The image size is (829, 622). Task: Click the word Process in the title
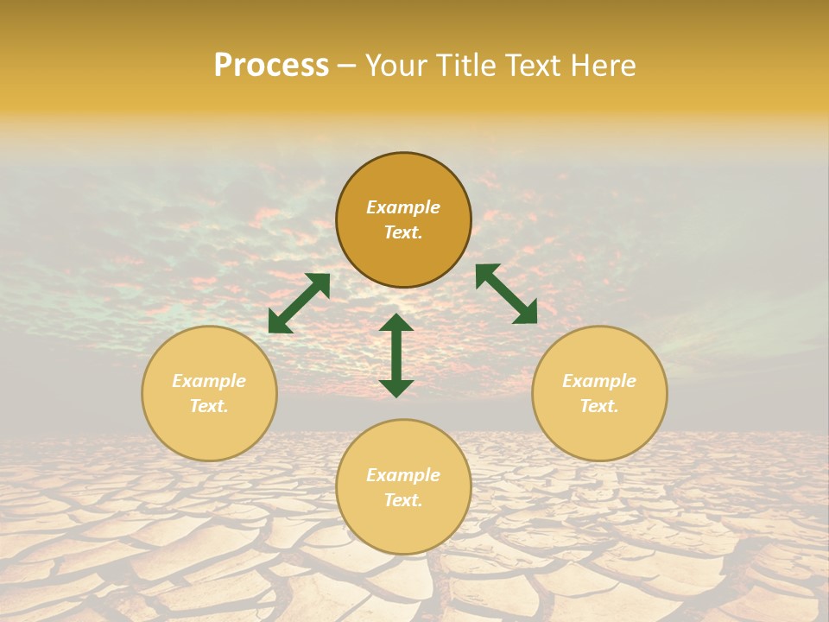(271, 66)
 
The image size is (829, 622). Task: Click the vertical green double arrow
(396, 355)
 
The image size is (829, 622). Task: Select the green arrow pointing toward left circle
(299, 303)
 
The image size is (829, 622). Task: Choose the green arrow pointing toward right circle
(506, 294)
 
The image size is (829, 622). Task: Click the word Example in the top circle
(403, 207)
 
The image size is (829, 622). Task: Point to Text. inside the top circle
(403, 232)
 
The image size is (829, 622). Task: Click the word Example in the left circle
(209, 381)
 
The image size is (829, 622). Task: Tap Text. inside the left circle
(209, 406)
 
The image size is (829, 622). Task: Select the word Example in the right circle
(599, 381)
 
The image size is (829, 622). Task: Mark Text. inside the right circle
(599, 406)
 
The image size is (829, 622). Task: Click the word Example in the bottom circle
(403, 475)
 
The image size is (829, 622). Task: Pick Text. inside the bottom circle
(403, 500)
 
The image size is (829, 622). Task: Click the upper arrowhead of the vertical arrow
(396, 324)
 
